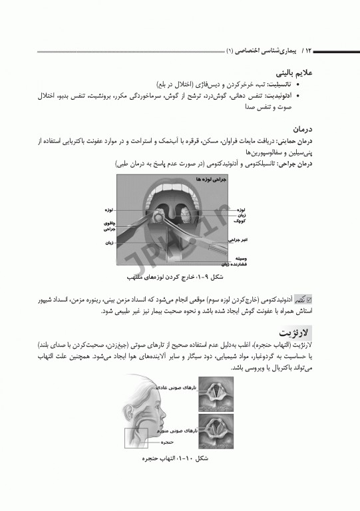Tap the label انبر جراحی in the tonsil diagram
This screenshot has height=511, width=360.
[x=238, y=239]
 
